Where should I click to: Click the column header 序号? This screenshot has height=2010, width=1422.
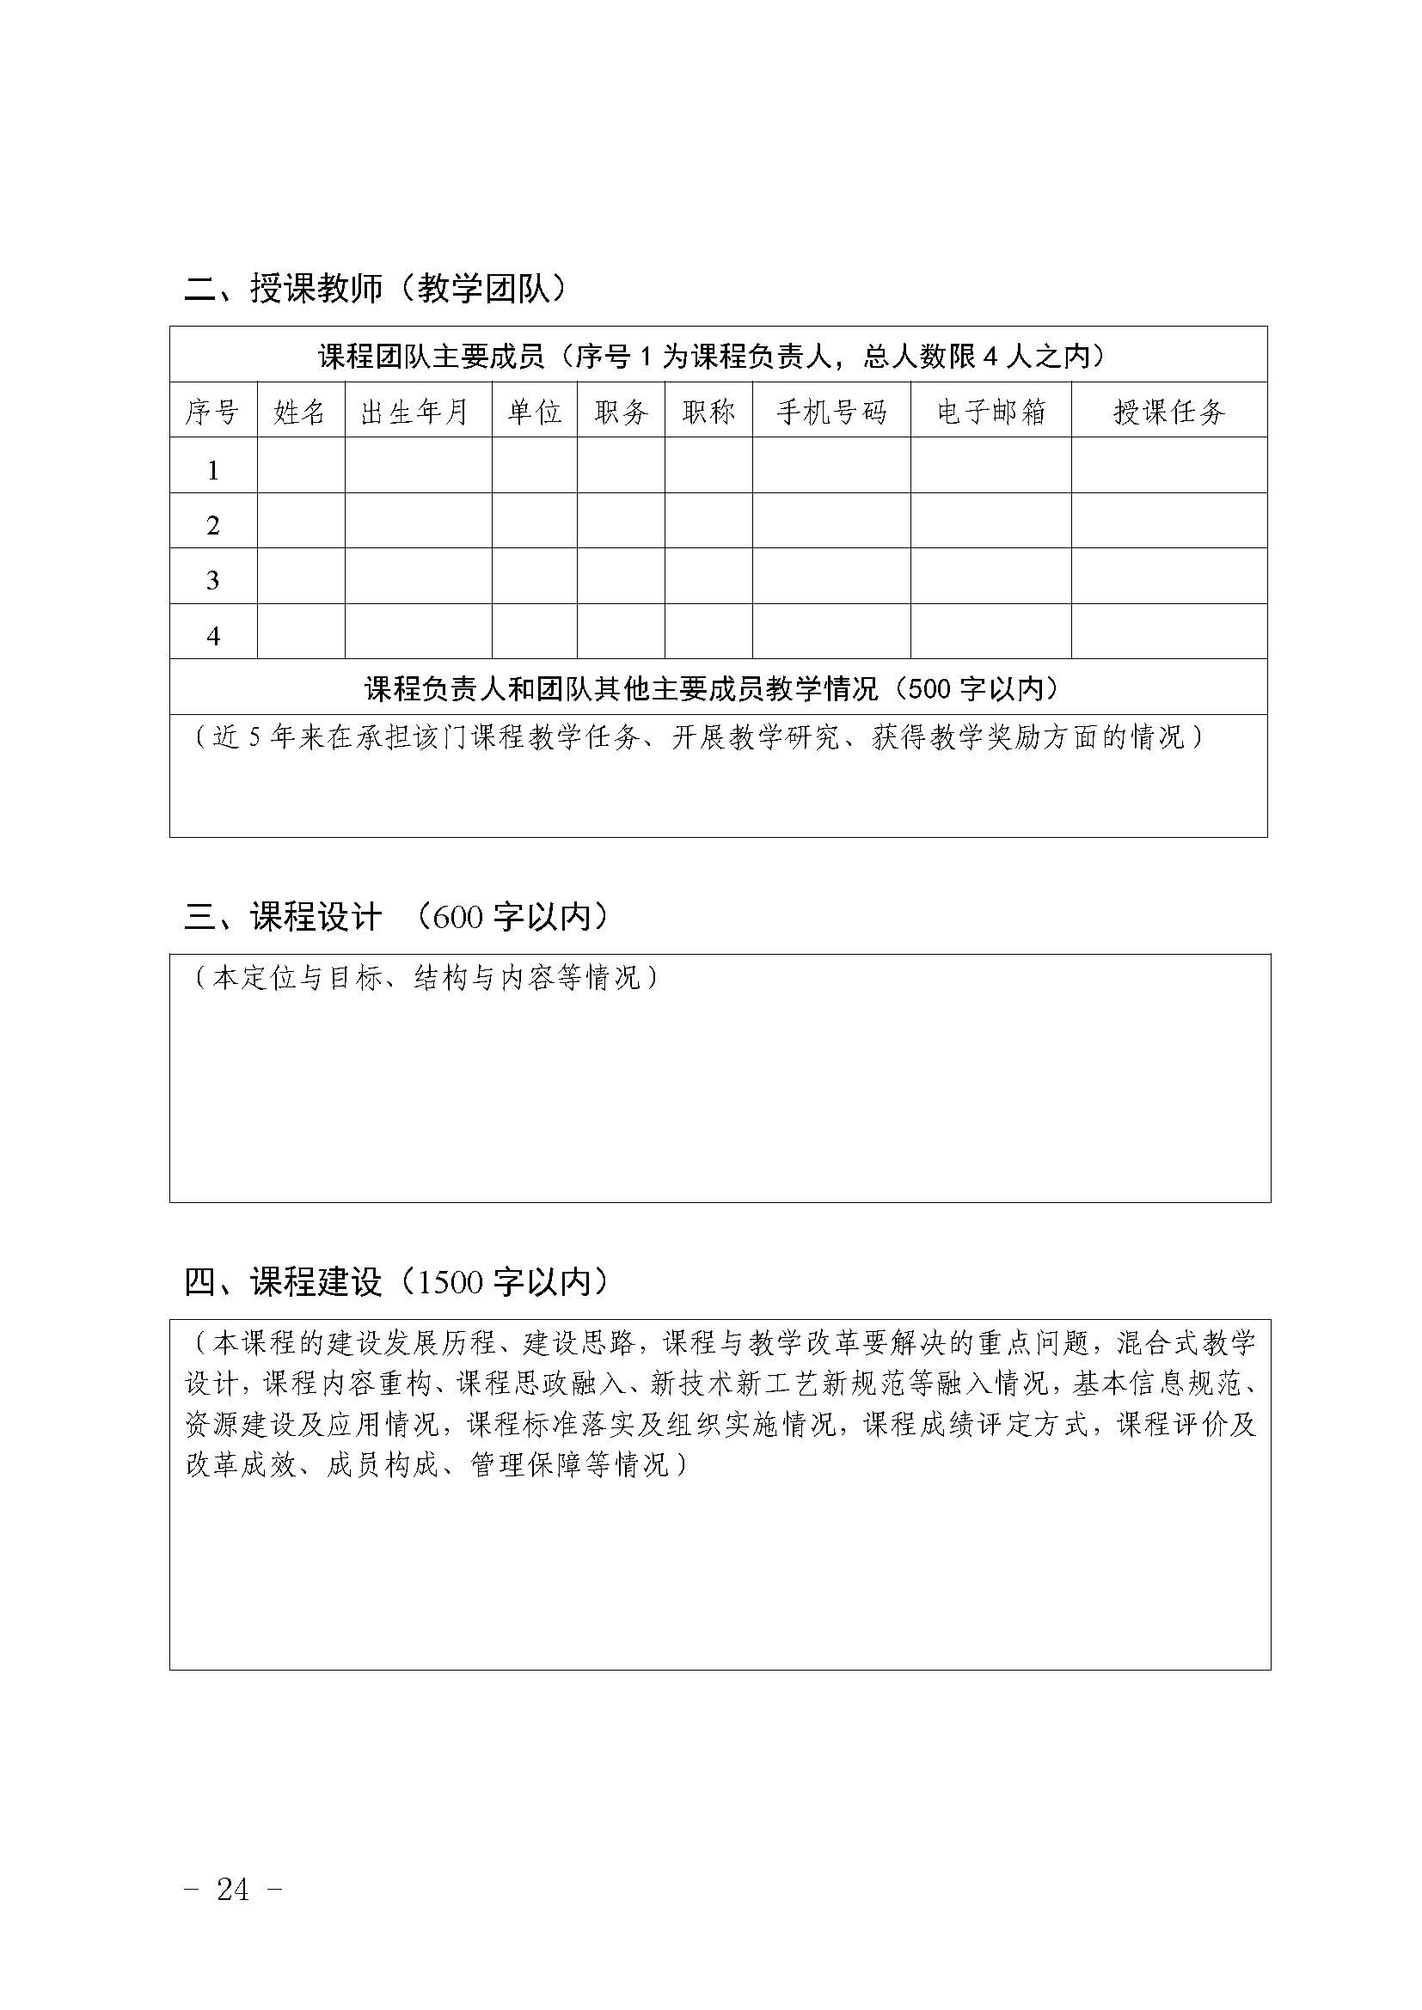click(212, 412)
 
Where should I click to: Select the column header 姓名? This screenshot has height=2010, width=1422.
click(300, 412)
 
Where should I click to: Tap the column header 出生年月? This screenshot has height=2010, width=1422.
click(416, 412)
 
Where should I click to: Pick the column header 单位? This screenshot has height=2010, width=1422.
click(534, 412)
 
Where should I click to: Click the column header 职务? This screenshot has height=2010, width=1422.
click(621, 412)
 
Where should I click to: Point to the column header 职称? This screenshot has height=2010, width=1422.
click(708, 412)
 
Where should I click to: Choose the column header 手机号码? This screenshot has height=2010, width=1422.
click(831, 412)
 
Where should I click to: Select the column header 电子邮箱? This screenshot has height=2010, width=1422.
click(991, 412)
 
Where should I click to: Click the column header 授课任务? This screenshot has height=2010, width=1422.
click(1169, 412)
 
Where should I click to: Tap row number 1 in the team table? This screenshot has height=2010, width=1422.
click(212, 471)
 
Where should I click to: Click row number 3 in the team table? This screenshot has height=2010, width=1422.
click(212, 580)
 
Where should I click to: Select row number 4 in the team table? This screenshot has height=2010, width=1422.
click(212, 637)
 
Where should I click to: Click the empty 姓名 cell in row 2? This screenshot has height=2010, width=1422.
click(300, 521)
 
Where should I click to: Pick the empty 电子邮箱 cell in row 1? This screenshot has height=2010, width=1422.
click(991, 466)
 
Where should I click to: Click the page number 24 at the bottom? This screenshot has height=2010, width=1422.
click(233, 1889)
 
